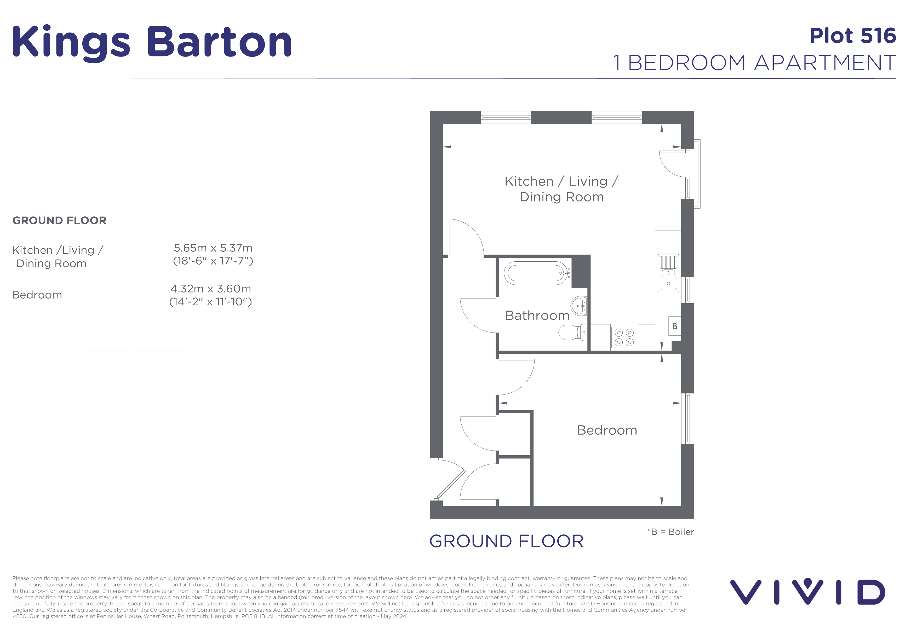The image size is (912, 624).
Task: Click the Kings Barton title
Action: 152,42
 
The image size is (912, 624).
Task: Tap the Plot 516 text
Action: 852,36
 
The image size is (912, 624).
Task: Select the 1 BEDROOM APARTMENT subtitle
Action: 754,63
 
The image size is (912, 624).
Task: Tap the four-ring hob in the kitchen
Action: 624,337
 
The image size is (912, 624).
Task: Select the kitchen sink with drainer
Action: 668,273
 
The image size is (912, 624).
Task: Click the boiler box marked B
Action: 675,326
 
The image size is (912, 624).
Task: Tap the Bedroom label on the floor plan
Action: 607,430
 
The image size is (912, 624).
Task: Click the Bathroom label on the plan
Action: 537,315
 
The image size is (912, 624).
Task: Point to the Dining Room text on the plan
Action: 561,197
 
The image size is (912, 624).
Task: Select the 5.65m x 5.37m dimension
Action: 213,248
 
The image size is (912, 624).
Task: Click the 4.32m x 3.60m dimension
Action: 211,289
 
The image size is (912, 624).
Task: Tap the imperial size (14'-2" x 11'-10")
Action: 210,302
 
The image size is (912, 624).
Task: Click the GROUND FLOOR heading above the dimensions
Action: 59,220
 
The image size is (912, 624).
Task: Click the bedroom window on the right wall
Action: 687,419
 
